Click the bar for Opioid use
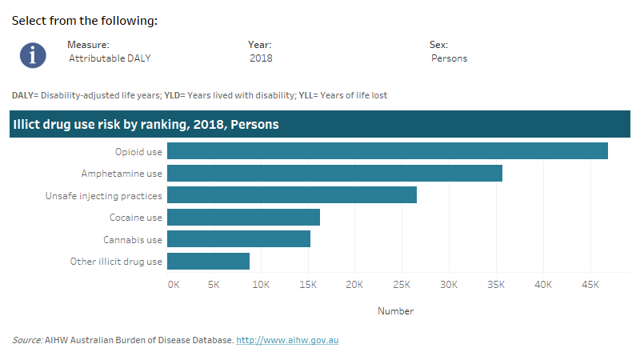387,151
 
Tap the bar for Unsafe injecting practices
292,195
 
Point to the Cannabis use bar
238,239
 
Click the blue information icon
33,54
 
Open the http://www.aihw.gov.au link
288,341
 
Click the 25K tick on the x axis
402,285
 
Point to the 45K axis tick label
590,285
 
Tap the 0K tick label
174,285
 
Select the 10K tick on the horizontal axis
260,285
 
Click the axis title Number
395,311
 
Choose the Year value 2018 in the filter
261,58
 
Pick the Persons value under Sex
449,58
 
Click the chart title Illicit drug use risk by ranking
146,125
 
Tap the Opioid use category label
138,151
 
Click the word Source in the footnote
27,341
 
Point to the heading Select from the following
84,21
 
